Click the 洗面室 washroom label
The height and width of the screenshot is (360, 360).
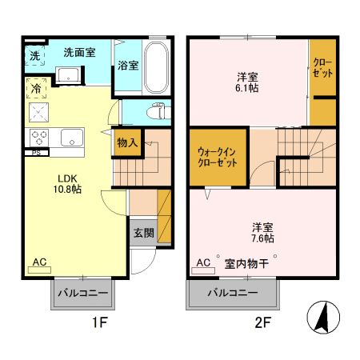pos(79,52)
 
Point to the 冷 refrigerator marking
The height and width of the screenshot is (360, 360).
pos(36,89)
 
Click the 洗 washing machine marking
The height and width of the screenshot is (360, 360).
pos(34,56)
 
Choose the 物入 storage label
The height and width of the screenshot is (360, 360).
pos(128,143)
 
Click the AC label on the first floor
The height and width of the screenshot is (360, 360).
pos(39,262)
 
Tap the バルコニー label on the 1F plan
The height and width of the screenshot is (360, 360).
pos(84,294)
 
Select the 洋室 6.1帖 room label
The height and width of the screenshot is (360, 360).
pos(246,82)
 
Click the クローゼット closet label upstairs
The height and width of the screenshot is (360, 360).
pos(322,68)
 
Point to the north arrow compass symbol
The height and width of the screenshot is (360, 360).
pos(324,319)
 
